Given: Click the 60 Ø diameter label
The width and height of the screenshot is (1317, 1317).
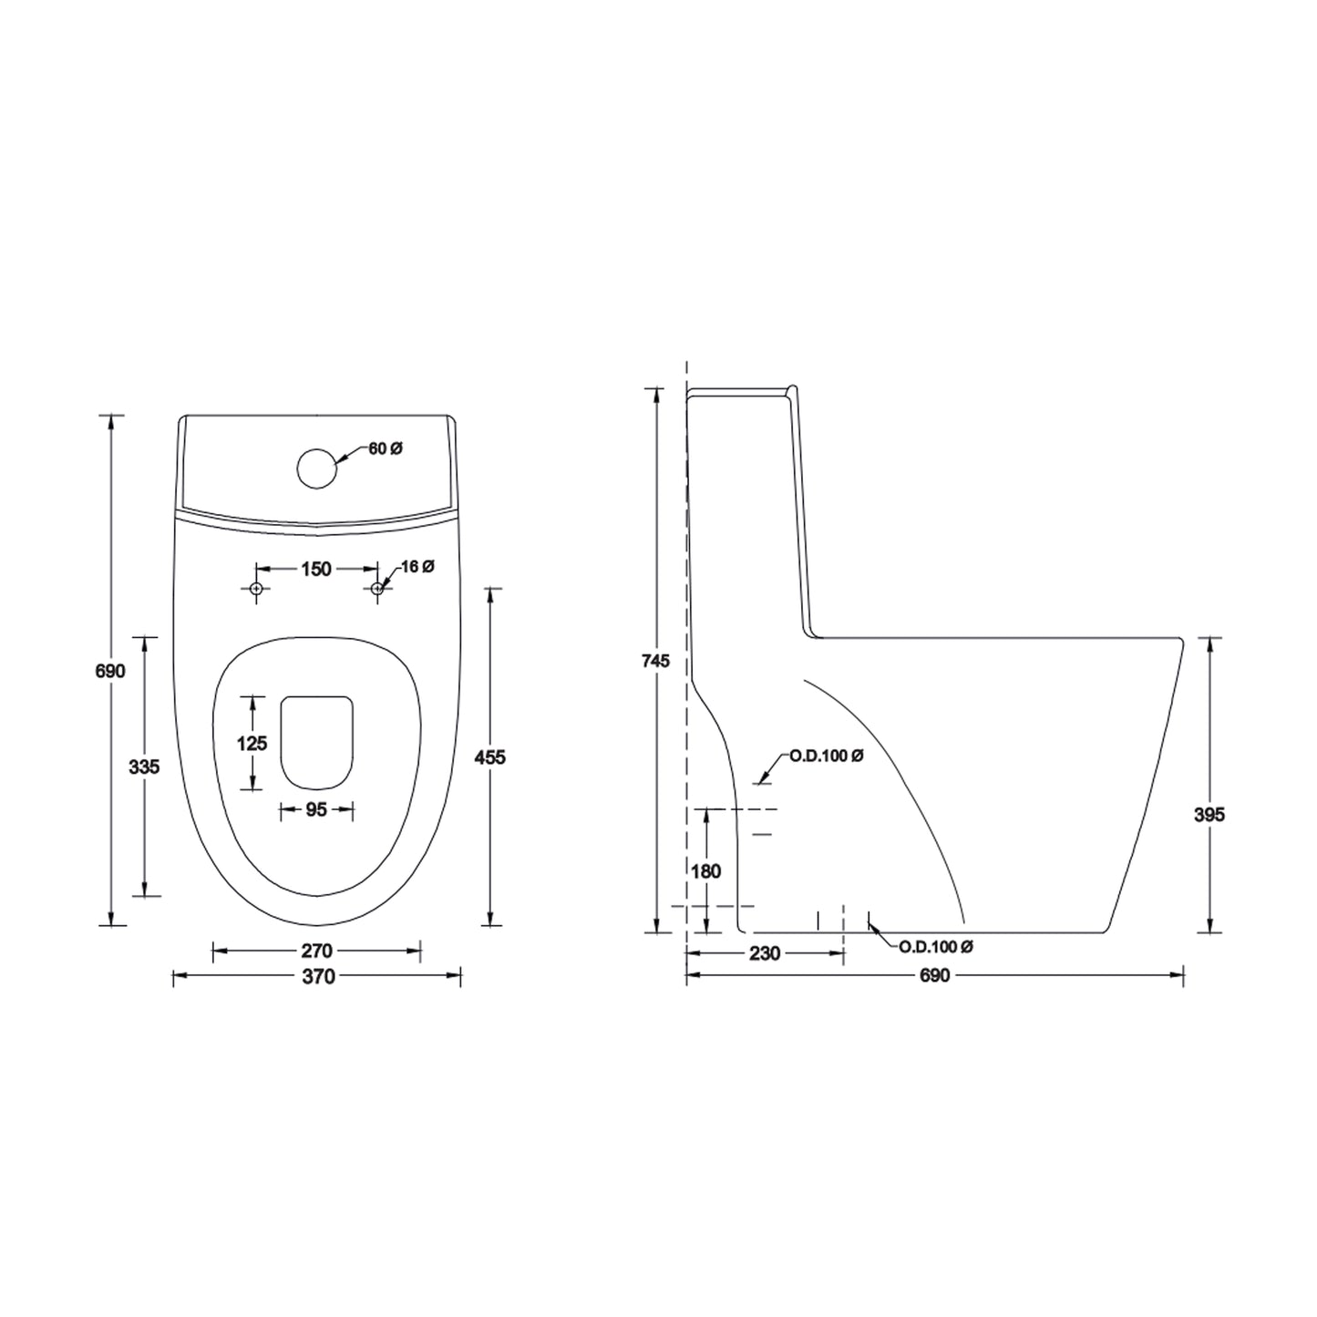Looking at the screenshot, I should pyautogui.click(x=385, y=448).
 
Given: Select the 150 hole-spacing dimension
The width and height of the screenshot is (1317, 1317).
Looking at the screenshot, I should pyautogui.click(x=315, y=569).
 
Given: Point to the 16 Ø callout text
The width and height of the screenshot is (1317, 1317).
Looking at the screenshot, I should pyautogui.click(x=417, y=567).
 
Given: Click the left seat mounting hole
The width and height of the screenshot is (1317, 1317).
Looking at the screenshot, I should pyautogui.click(x=256, y=590).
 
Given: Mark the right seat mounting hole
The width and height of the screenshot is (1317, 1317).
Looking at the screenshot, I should pyautogui.click(x=377, y=590).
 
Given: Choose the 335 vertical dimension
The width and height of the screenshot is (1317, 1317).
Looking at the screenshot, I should pyautogui.click(x=144, y=767).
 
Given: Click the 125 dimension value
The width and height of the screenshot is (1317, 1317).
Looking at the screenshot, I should pyautogui.click(x=252, y=744).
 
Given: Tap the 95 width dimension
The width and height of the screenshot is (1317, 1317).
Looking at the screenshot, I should pyautogui.click(x=315, y=809).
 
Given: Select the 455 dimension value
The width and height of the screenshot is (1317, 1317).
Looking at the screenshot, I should pyautogui.click(x=490, y=756).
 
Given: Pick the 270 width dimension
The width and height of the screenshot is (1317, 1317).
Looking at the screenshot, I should pyautogui.click(x=316, y=952).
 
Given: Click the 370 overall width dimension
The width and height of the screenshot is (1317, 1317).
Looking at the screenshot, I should pyautogui.click(x=316, y=977).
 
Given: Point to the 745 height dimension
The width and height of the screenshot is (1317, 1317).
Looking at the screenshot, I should pyautogui.click(x=654, y=661).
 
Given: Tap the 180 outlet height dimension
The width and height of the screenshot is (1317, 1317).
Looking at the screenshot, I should pyautogui.click(x=705, y=871).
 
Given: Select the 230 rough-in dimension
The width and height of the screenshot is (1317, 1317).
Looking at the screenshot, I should pyautogui.click(x=764, y=953).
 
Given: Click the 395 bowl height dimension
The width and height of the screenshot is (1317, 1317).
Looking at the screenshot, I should pyautogui.click(x=1209, y=815).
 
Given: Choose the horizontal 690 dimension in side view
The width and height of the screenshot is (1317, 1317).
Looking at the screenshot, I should pyautogui.click(x=934, y=976).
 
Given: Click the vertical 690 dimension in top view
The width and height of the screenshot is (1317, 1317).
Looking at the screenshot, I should pyautogui.click(x=110, y=671).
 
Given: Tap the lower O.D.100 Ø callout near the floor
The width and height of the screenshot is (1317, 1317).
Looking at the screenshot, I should pyautogui.click(x=936, y=947).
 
